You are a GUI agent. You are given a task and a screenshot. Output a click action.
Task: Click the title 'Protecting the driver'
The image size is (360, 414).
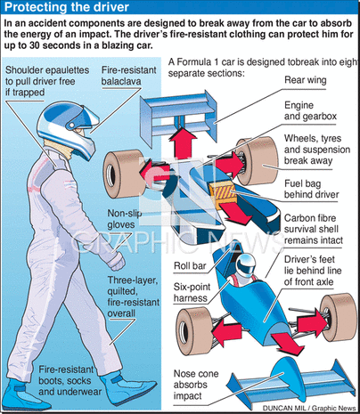(67, 7)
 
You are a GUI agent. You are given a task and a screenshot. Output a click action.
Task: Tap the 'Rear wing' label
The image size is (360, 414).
(306, 80)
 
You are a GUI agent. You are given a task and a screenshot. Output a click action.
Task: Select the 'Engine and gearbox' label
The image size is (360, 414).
(310, 110)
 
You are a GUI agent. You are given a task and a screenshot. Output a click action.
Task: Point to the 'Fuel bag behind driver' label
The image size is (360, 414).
(311, 189)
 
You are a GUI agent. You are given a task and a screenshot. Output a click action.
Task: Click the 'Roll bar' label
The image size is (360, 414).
(190, 265)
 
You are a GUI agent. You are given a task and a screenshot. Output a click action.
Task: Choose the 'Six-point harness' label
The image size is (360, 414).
(192, 292)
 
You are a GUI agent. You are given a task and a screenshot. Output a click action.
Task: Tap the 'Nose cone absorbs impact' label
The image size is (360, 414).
(196, 385)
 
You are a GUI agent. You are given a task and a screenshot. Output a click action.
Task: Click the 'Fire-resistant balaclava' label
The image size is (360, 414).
(128, 76)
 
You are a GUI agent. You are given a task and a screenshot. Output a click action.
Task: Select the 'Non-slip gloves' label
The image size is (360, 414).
(125, 219)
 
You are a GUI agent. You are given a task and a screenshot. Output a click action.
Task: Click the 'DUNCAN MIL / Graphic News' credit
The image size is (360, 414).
(309, 409)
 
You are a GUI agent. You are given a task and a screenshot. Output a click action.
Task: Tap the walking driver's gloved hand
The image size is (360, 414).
(116, 261)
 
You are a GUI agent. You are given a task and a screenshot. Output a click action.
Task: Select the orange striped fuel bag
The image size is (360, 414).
(222, 192)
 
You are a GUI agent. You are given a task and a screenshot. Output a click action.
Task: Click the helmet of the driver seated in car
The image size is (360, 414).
(245, 265)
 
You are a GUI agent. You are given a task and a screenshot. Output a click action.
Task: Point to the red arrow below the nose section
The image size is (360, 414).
(287, 344)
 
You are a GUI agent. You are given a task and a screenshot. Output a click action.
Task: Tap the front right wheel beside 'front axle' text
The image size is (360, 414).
(340, 318)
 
